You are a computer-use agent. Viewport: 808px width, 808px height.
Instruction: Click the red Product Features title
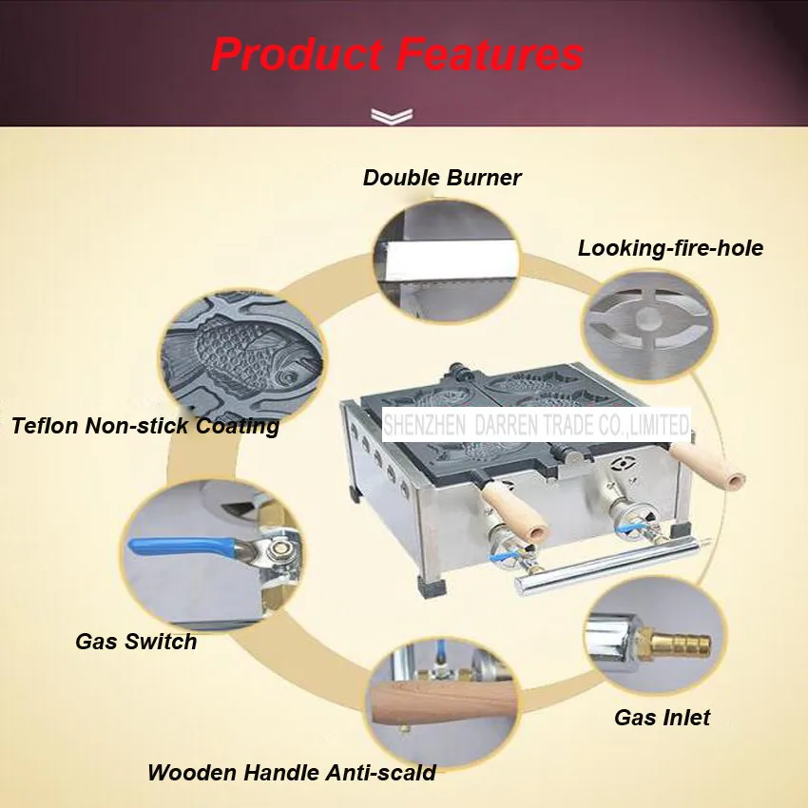coord(397,54)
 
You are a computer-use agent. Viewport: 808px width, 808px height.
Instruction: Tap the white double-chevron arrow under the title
coord(392,117)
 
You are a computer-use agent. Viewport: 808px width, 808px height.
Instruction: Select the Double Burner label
coord(442,178)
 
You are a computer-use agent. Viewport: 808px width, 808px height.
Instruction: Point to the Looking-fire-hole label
coord(670,248)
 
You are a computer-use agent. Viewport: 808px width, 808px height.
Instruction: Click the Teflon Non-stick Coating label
coord(145,426)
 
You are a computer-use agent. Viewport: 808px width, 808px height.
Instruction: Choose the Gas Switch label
coord(136,642)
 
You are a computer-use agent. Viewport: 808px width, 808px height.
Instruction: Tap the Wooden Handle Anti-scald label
coord(292,773)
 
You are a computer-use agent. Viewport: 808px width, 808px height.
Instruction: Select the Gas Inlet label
coord(663,718)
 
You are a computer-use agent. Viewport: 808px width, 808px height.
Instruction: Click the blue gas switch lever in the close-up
coord(183,548)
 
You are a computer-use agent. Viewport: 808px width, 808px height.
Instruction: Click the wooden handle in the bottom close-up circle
coord(443,702)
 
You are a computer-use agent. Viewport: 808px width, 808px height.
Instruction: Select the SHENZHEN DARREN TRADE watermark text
coord(536,425)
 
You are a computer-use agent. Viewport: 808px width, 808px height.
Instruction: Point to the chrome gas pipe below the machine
coord(608,567)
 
